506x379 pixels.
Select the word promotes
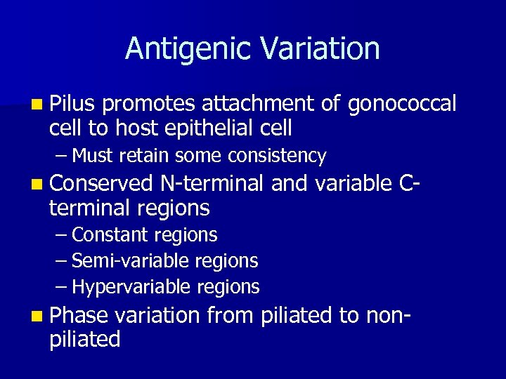click(149, 105)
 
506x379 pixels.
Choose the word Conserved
click(101, 184)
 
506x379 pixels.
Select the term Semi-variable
click(120, 261)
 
